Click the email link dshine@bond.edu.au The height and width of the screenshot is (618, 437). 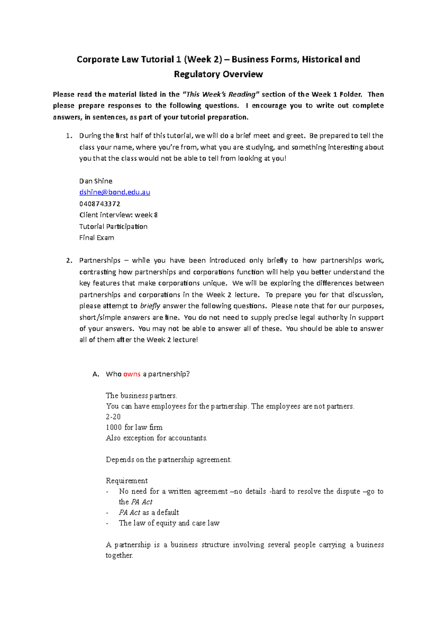[x=114, y=192]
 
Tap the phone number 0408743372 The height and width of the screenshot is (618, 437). [x=100, y=204]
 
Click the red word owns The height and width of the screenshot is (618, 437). [x=132, y=374]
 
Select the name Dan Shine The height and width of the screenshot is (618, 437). [x=96, y=181]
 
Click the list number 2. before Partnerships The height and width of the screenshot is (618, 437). [x=69, y=261]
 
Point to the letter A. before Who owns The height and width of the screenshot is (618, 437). [x=96, y=374]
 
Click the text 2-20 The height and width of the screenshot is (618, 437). [x=113, y=417]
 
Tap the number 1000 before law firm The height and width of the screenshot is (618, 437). [x=114, y=427]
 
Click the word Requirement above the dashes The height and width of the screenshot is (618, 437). [x=126, y=481]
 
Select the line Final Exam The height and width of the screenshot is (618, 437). [x=97, y=238]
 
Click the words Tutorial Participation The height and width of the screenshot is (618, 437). [x=113, y=226]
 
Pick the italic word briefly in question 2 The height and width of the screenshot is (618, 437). [x=150, y=306]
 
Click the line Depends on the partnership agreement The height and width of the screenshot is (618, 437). [x=168, y=460]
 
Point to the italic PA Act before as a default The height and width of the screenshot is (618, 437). [x=129, y=512]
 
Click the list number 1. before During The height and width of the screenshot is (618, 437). [x=69, y=136]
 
